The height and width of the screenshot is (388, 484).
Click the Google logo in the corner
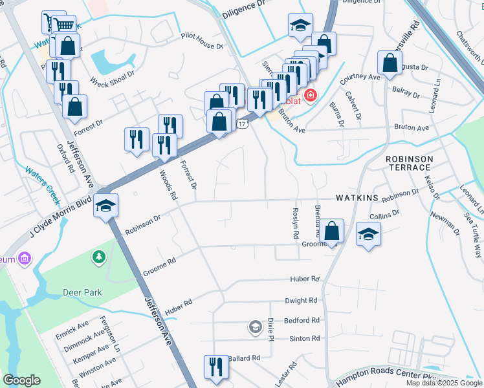pos(21,380)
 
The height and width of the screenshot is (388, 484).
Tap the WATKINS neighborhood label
pos(356,197)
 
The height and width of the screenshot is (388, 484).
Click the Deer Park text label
pos(82,292)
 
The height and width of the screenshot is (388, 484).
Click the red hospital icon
pos(311,96)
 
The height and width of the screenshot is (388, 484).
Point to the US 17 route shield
pos(242,123)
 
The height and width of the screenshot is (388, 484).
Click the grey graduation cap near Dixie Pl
pos(255,327)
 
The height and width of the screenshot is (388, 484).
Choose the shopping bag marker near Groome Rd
pos(331,231)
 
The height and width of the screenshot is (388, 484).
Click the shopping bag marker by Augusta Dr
pos(390,63)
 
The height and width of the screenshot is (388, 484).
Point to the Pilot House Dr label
pos(201,41)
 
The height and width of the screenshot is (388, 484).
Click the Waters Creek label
pos(42,182)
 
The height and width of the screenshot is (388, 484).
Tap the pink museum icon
pos(25,259)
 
